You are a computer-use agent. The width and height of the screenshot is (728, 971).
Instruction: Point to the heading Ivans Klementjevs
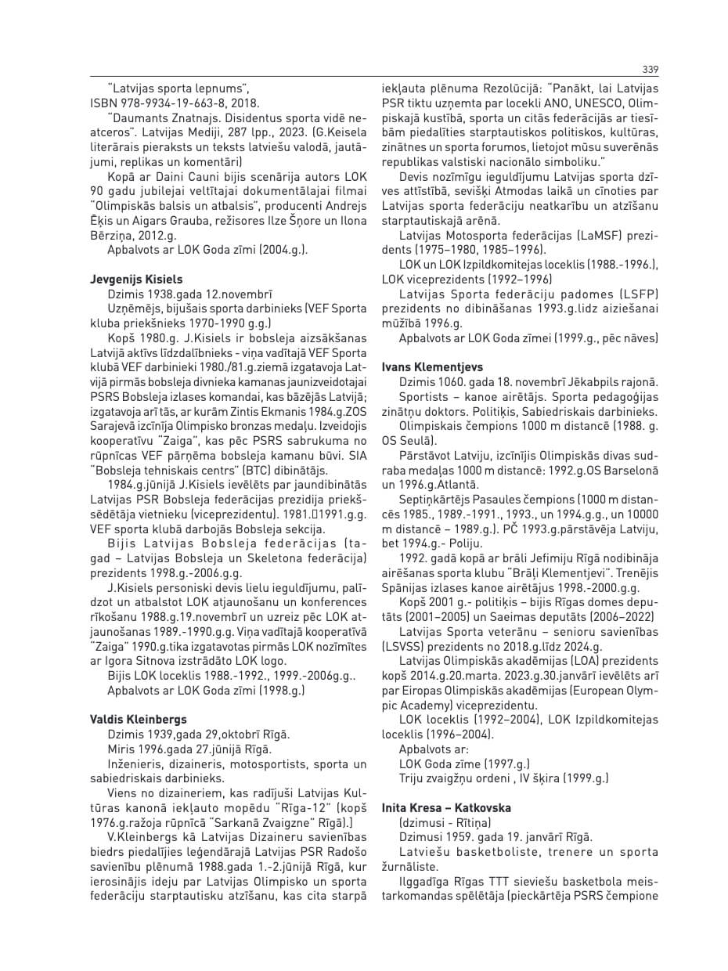pyautogui.click(x=432, y=367)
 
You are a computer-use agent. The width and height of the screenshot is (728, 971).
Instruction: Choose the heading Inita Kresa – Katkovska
pyautogui.click(x=446, y=807)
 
